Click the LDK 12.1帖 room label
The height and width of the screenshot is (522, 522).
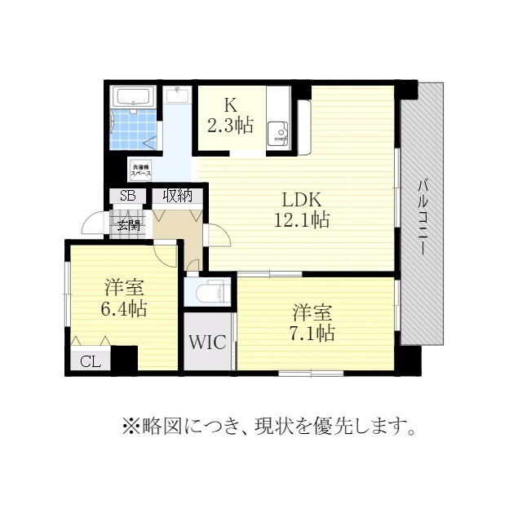(x=306, y=210)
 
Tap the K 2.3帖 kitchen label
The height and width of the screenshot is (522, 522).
(x=229, y=116)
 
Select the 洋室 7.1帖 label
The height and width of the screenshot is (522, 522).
(x=314, y=322)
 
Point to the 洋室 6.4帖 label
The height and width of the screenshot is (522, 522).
(x=124, y=299)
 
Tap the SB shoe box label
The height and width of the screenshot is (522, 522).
(x=128, y=196)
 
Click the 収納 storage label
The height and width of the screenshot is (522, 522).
(x=177, y=196)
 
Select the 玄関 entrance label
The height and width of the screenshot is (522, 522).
(x=128, y=224)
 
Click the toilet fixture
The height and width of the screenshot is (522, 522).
(x=212, y=291)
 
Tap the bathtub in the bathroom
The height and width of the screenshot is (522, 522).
(x=132, y=97)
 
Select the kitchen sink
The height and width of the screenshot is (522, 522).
(x=281, y=132)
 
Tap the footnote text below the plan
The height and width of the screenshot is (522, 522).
(x=269, y=426)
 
